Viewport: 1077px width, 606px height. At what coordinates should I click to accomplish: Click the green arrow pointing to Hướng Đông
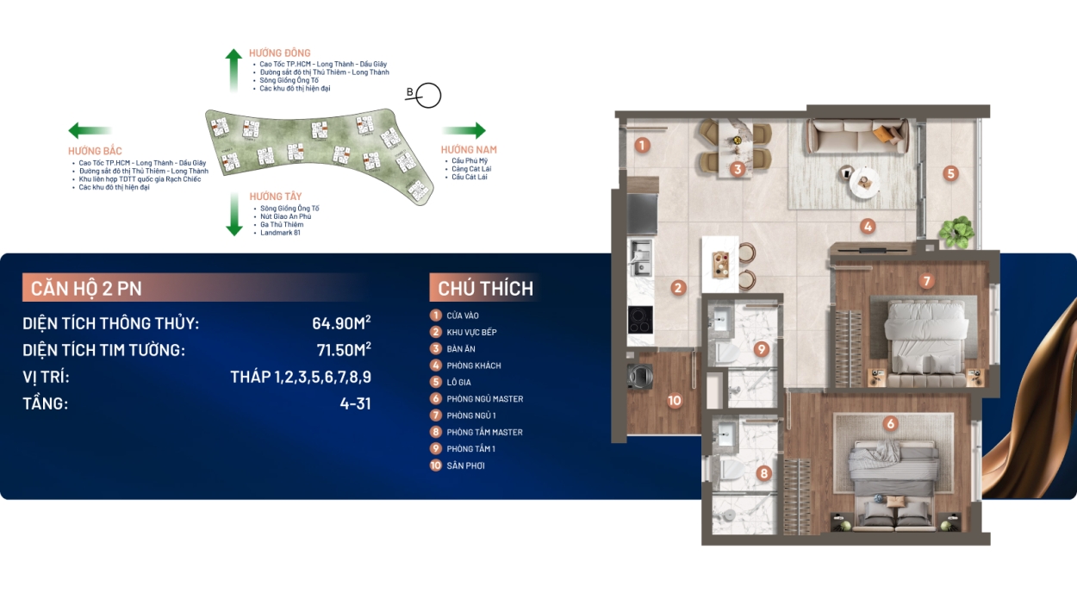coord(233,70)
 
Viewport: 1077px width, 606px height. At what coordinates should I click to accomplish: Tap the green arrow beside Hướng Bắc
coord(90,130)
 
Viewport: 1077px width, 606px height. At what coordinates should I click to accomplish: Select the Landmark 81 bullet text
coord(280,233)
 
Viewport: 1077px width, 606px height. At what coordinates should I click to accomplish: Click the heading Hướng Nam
coord(469,150)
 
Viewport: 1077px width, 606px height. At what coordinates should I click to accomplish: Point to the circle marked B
coord(428,95)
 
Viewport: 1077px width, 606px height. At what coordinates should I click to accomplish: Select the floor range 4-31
coord(355,403)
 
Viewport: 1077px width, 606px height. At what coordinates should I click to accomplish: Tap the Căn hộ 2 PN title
coord(86,289)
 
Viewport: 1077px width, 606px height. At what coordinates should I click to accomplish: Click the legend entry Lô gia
coord(458,383)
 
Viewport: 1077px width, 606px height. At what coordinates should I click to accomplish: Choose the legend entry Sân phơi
coord(465,465)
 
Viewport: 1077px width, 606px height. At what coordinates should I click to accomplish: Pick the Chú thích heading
coord(486,289)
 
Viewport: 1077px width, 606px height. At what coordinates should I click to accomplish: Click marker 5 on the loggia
coord(950,173)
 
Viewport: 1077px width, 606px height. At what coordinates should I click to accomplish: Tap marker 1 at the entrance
coord(643,145)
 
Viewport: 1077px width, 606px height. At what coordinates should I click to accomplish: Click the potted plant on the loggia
coord(956,232)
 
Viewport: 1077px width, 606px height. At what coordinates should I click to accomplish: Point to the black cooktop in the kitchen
coord(640,320)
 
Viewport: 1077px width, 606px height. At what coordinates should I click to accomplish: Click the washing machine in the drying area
coord(640,376)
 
